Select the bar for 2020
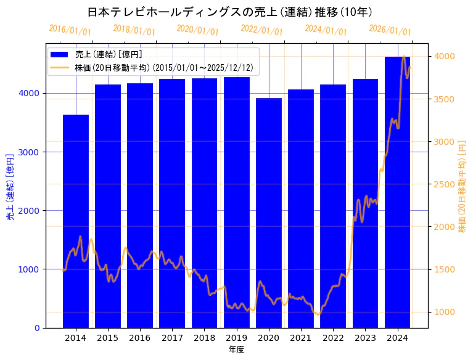point(269,213)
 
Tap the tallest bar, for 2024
point(397,192)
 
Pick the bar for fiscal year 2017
point(172,203)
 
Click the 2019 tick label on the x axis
point(236,338)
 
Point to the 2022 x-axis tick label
point(333,338)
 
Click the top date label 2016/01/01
point(70,30)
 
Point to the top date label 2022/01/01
point(261,30)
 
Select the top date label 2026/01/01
point(390,30)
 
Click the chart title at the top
point(229,12)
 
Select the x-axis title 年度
point(236,350)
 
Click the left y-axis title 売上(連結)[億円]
point(10,186)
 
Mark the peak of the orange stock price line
point(403,57)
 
